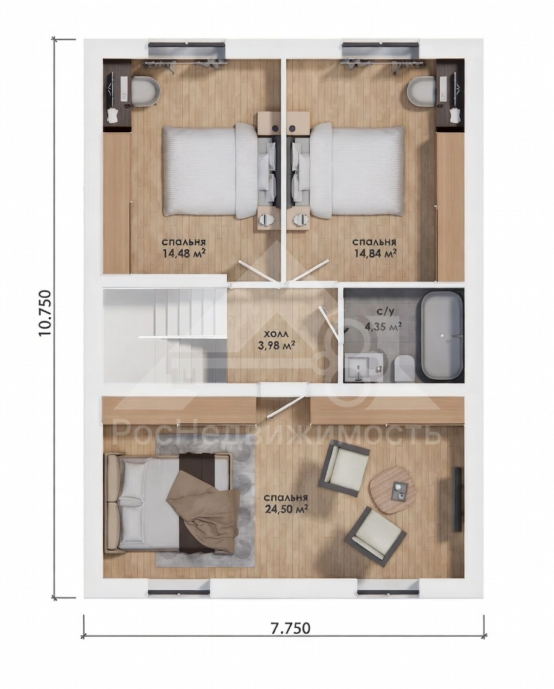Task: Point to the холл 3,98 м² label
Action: coord(276,340)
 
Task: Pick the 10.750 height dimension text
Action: coord(46,312)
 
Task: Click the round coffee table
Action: coord(393,490)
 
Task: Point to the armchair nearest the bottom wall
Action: coord(375,536)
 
